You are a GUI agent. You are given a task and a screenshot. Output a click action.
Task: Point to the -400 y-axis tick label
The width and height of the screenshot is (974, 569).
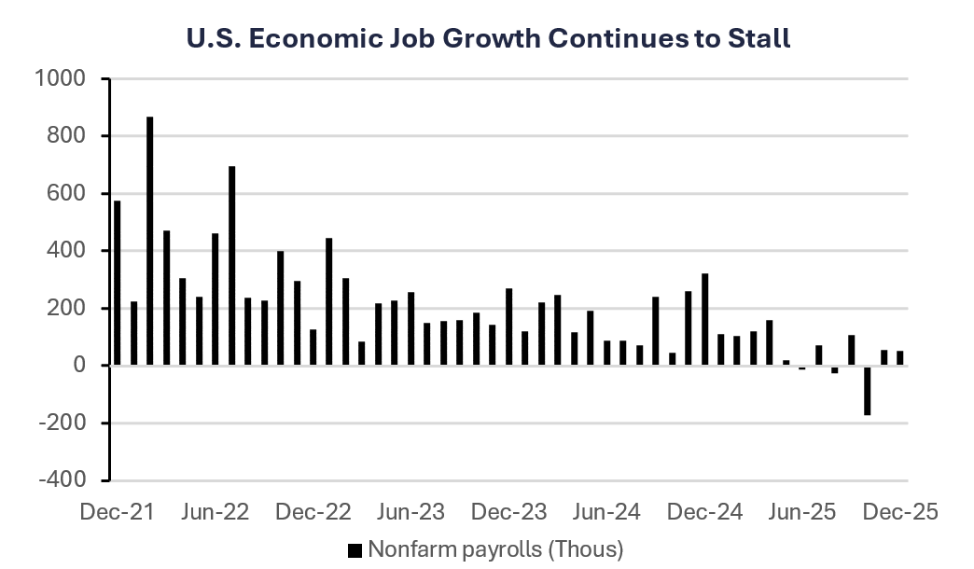tap(61, 480)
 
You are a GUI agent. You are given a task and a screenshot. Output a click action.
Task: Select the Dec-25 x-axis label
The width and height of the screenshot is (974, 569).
tap(897, 512)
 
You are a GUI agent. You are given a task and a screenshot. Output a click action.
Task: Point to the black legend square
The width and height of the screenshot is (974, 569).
tap(355, 549)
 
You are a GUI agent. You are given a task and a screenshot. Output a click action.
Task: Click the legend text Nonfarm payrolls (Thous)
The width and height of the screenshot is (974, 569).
tap(495, 548)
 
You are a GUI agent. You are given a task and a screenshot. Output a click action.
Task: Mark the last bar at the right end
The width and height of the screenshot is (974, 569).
tap(900, 358)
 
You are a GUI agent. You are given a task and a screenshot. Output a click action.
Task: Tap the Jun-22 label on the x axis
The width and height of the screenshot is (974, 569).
tap(214, 512)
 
